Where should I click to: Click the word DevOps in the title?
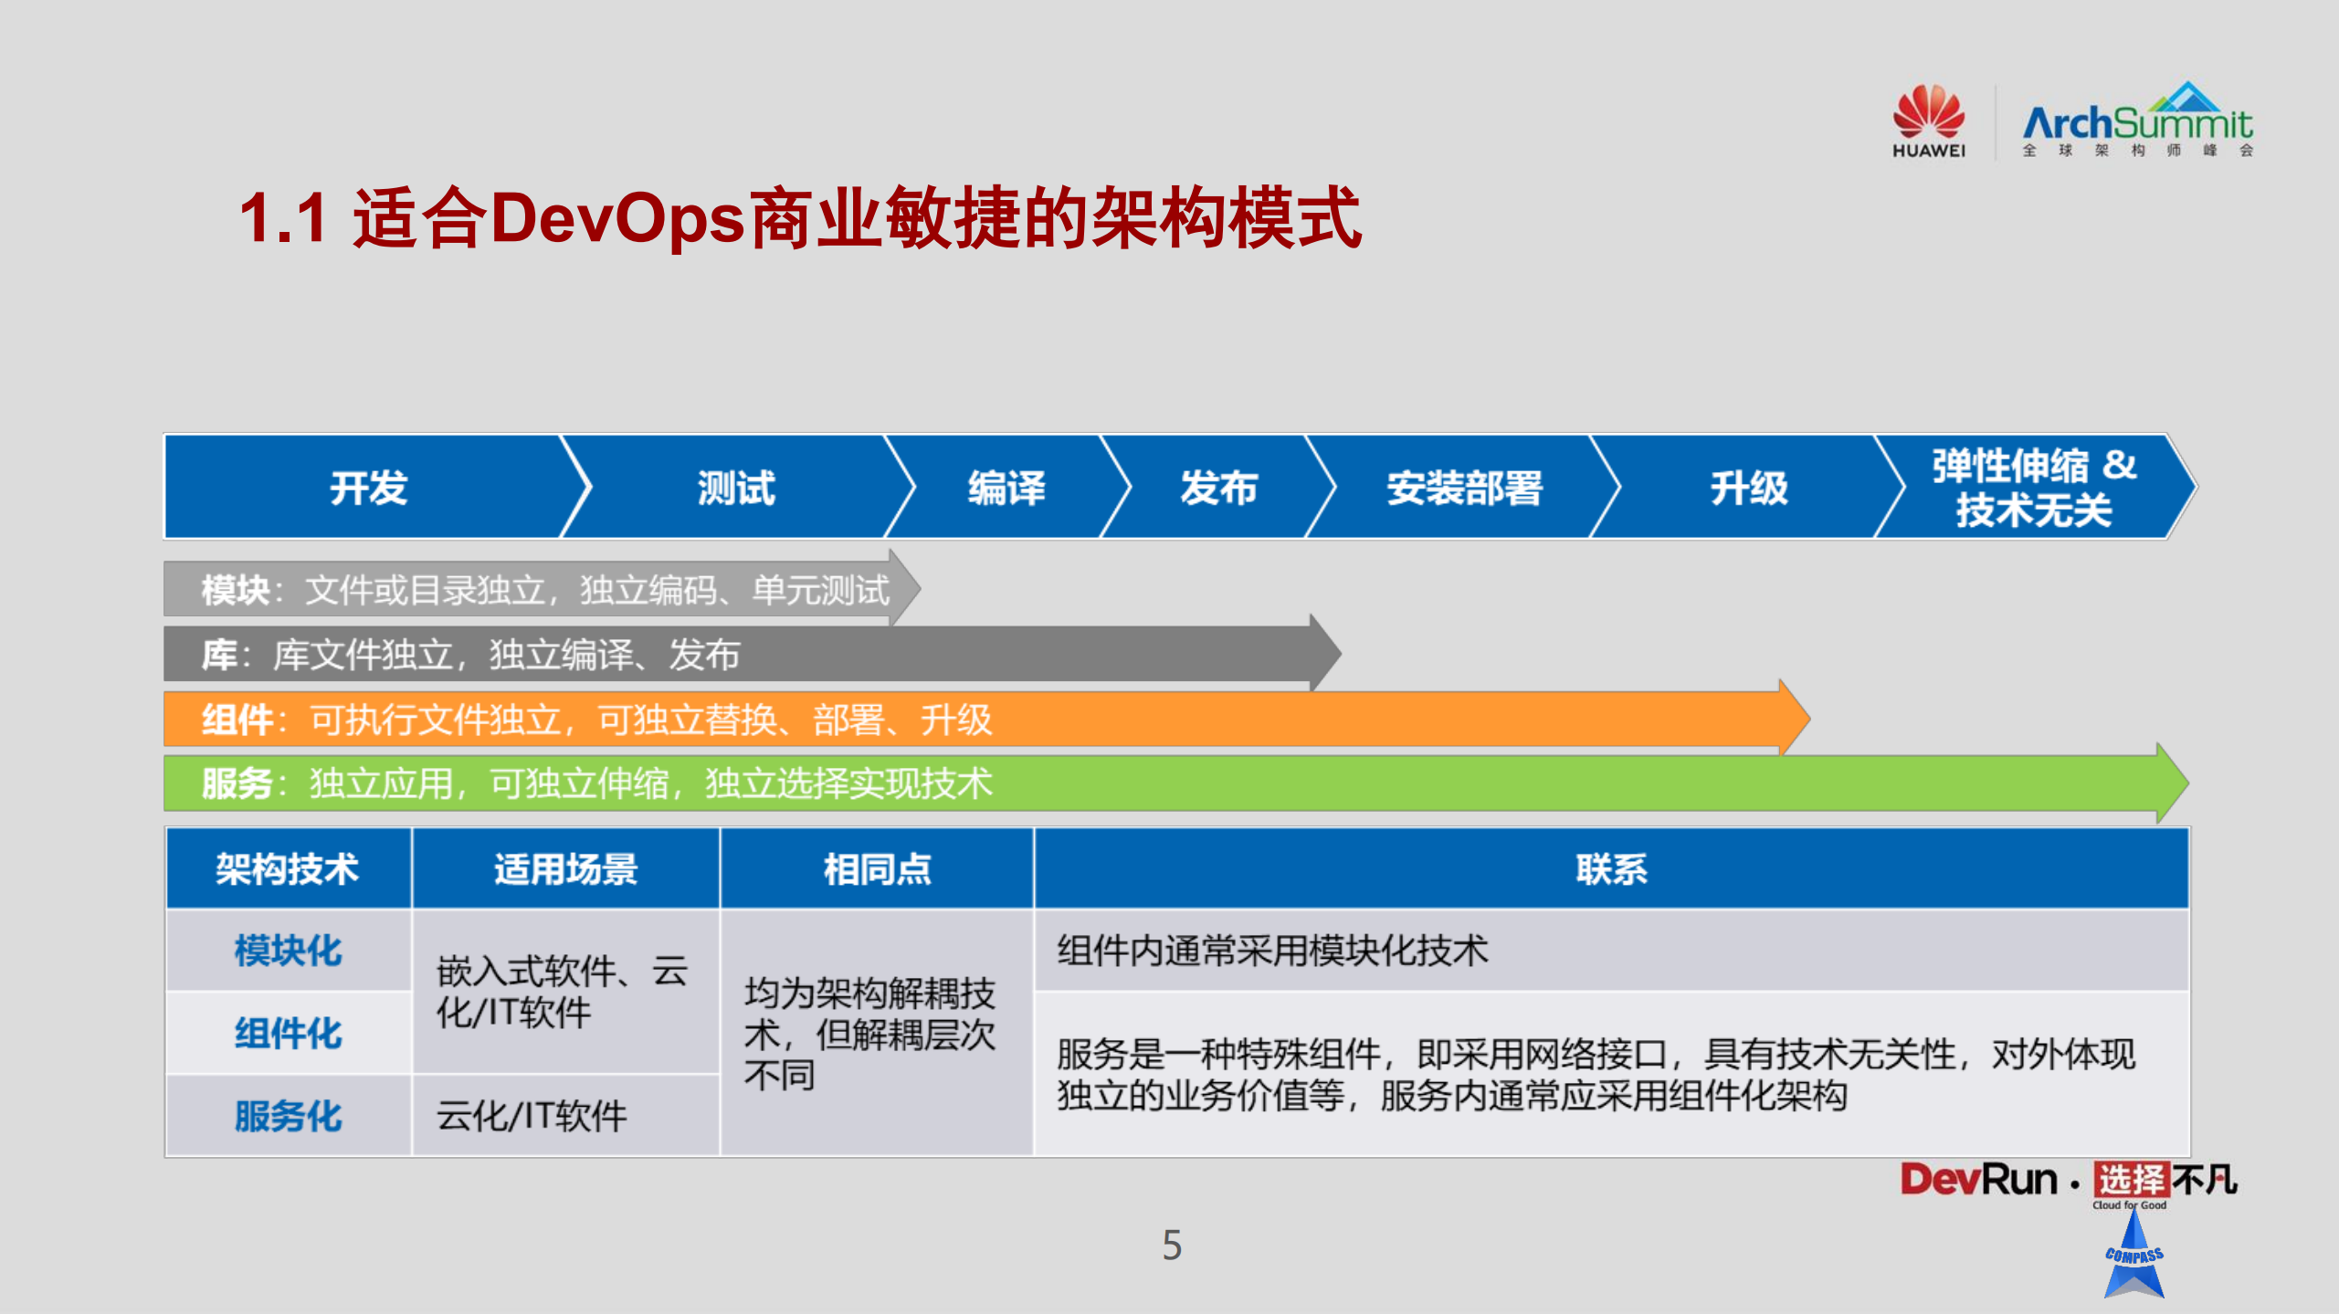617,218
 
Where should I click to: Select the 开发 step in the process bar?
368,488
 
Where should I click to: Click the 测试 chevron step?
736,488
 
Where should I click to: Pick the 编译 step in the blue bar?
1006,488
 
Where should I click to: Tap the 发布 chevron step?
1218,488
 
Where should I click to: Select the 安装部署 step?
1464,488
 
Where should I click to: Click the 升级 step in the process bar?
1748,488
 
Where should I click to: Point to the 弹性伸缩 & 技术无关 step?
2033,488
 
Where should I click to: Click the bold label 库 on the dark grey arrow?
219,655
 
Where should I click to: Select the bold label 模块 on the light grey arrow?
235,590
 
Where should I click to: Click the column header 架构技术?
287,868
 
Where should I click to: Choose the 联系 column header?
1611,868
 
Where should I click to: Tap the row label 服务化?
287,1116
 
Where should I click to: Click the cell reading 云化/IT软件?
532,1116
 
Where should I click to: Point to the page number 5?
1172,1246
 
